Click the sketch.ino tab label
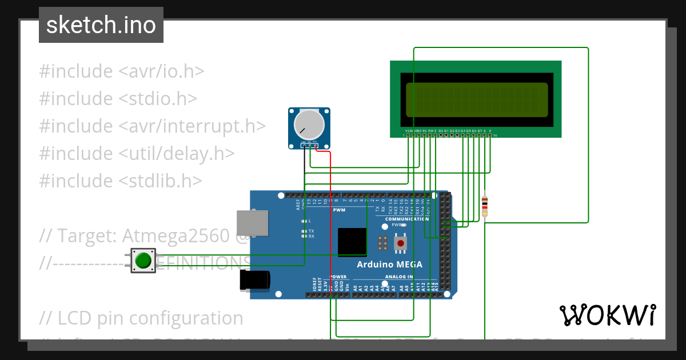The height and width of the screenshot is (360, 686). [x=101, y=25]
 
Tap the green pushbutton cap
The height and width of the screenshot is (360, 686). [x=143, y=261]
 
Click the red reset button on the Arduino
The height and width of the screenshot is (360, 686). [x=401, y=244]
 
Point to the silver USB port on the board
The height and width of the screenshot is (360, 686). [x=252, y=223]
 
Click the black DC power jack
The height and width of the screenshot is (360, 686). [x=254, y=281]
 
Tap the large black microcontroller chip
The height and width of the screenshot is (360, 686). [x=352, y=242]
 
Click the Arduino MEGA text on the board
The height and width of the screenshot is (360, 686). [x=389, y=264]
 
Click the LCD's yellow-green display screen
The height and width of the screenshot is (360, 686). [x=476, y=99]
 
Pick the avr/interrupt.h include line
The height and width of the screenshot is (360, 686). [x=152, y=126]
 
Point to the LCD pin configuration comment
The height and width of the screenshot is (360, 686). [x=141, y=318]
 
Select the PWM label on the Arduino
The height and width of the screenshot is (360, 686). [x=339, y=210]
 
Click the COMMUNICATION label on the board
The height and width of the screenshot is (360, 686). [x=406, y=219]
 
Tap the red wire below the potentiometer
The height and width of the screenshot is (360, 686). [x=330, y=229]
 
